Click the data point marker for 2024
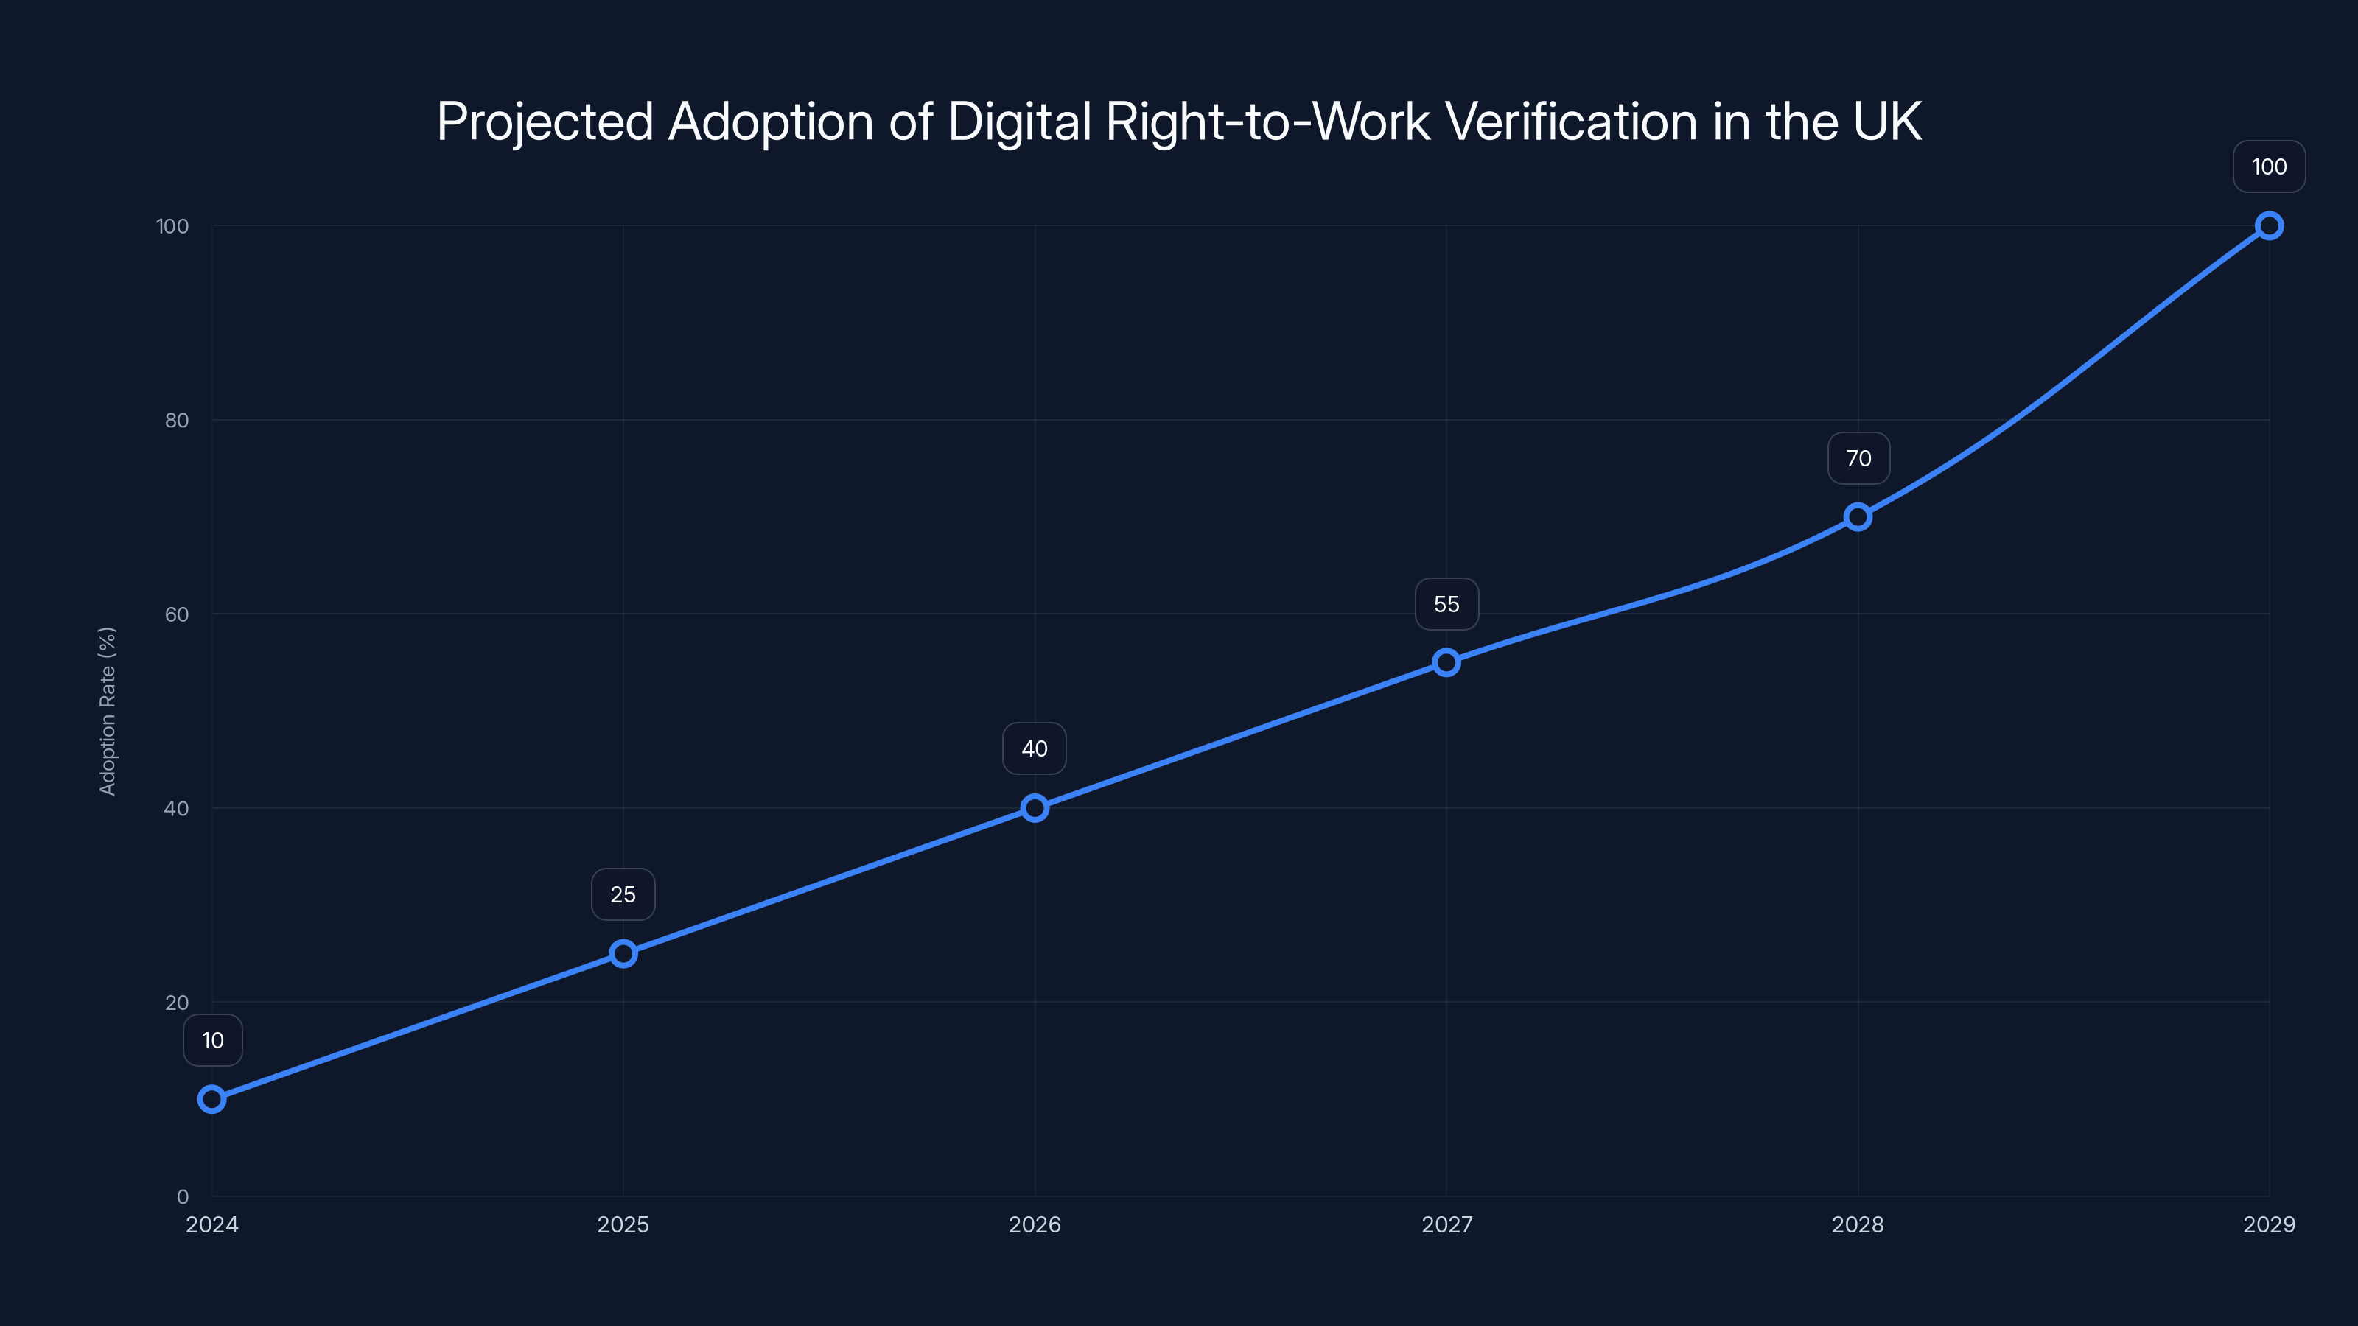[211, 1099]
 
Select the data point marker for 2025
[623, 953]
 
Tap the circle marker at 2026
[1035, 808]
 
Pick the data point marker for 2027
[1446, 662]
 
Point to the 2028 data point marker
[1857, 517]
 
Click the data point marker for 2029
[2270, 226]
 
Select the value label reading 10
[212, 1040]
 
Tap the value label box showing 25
[623, 894]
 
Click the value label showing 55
[1446, 604]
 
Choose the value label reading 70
[1858, 458]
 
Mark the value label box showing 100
[2270, 166]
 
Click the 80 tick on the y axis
[177, 420]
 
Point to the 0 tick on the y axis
[182, 1197]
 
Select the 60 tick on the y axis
[177, 614]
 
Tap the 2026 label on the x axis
[1035, 1224]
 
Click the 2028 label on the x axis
[1857, 1224]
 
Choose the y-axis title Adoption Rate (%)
[107, 711]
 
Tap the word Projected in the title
[545, 122]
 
